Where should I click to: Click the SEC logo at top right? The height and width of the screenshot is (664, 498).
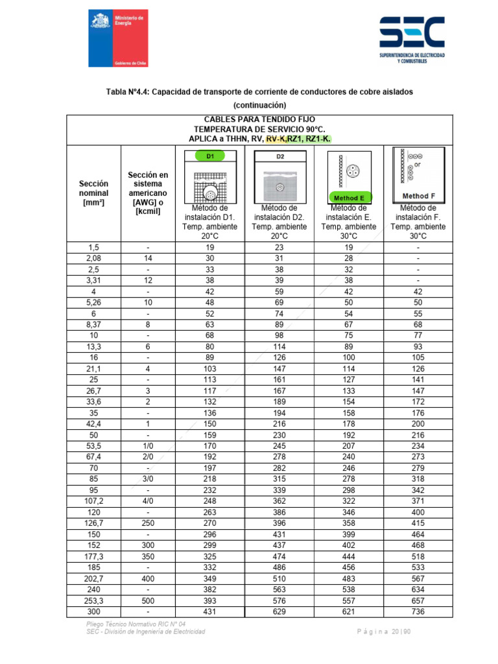(412, 39)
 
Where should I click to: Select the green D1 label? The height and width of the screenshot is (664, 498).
(210, 156)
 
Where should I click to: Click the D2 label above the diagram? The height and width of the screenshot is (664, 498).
(280, 156)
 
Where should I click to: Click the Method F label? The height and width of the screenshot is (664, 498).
(418, 196)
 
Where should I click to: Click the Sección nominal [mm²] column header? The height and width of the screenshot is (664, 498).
(93, 193)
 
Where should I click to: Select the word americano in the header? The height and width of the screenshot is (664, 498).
(148, 193)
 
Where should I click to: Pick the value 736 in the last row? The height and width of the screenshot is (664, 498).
(418, 611)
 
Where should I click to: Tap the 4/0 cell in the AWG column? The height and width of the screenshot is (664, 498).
(148, 502)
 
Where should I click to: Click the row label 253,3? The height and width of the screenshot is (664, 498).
(93, 601)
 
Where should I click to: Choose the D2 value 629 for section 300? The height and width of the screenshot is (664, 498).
(279, 611)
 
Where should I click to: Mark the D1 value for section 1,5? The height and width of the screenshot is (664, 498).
(209, 247)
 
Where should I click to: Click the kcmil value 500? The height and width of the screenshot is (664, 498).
(148, 601)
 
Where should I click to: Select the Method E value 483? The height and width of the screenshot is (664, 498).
(349, 579)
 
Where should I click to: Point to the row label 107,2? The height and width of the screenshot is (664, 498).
(93, 502)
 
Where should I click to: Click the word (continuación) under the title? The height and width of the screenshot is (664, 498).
(259, 104)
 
